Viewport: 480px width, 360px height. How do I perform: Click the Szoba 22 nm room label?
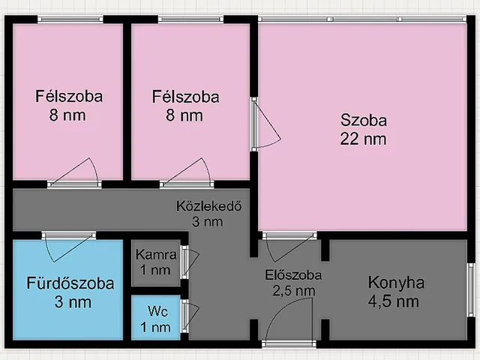coord(364,129)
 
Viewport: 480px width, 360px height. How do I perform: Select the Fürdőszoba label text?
coord(70,284)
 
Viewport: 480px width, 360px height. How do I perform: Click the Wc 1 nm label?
coord(157,318)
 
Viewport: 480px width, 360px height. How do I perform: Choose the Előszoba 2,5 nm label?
coord(293,282)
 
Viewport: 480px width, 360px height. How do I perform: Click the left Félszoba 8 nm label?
coord(69,106)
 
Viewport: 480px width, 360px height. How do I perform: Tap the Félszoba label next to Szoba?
coord(185,106)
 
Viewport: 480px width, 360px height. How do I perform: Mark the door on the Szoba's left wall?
coord(264,124)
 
